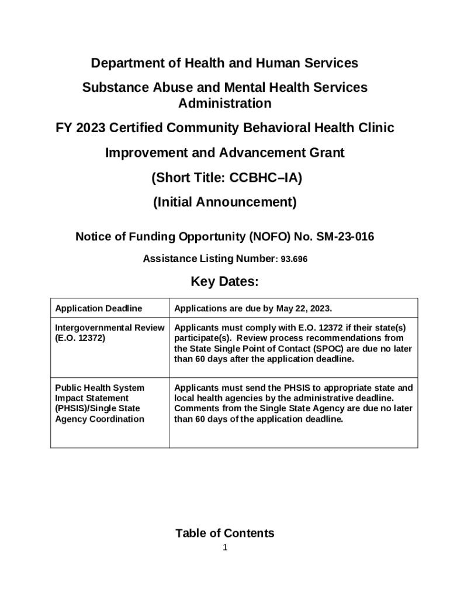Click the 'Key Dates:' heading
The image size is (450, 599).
click(224, 282)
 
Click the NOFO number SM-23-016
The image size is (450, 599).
click(345, 237)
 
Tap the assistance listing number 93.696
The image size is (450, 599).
click(294, 259)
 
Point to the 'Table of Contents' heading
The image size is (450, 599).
click(224, 533)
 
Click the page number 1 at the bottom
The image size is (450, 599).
click(224, 548)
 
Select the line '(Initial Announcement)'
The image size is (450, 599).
click(224, 202)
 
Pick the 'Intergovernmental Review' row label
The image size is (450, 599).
click(109, 328)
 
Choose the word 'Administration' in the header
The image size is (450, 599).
click(224, 104)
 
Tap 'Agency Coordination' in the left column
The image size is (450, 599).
click(99, 419)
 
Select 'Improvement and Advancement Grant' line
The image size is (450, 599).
click(224, 153)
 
